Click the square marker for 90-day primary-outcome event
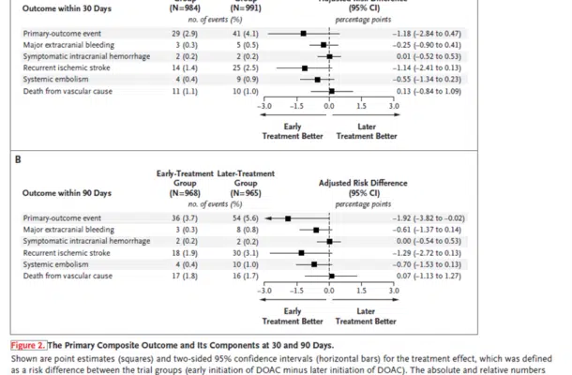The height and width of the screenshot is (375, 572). pyautogui.click(x=288, y=217)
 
